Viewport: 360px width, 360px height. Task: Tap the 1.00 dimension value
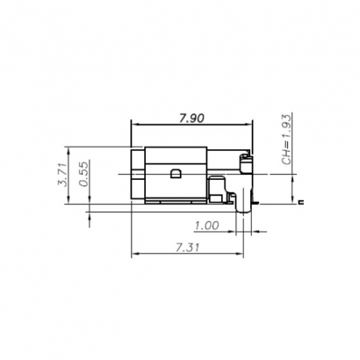(x=206, y=225)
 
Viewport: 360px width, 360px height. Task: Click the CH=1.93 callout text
(x=286, y=139)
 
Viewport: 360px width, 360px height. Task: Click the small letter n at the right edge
(x=300, y=203)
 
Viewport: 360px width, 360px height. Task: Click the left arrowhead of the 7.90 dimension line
(x=135, y=126)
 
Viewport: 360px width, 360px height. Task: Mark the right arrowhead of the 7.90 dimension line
(x=250, y=126)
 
